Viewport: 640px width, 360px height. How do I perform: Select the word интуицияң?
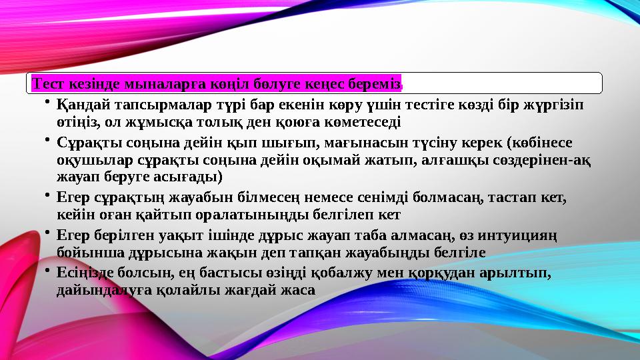coord(519,235)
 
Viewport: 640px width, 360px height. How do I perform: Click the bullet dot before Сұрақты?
coord(49,140)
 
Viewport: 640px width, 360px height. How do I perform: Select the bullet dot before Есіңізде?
coord(49,270)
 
